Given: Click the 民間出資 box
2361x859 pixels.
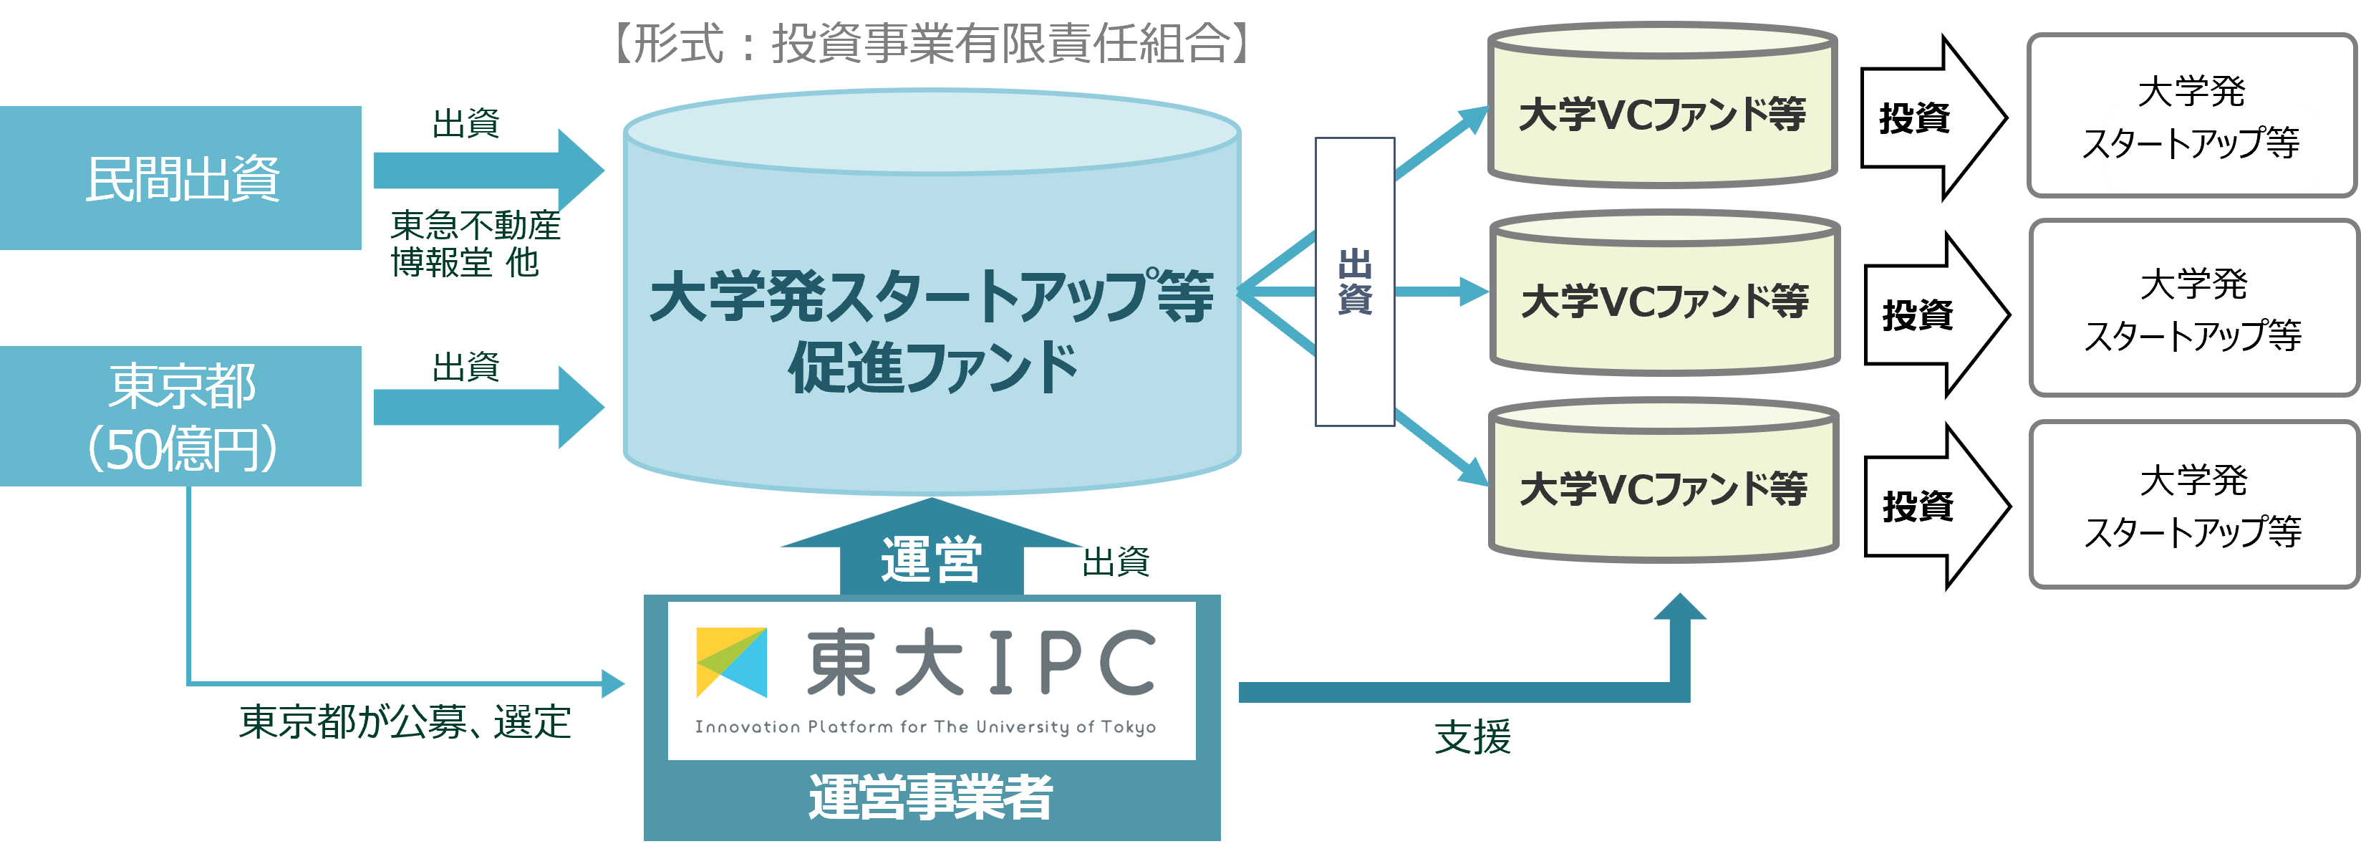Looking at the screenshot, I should coord(180,178).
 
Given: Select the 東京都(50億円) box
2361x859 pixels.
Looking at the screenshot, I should coord(180,416).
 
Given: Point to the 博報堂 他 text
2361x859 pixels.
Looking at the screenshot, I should coord(465,263).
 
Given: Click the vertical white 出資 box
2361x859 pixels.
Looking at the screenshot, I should coord(1355,282).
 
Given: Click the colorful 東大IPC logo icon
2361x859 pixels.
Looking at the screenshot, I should coord(730,662).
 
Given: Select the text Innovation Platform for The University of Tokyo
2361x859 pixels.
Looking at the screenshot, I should coord(924,727).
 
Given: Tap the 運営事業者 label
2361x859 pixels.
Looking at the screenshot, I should coord(931,797).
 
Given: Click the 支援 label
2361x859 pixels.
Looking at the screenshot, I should coord(1472,738).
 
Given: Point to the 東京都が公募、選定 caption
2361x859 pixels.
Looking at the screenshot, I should coord(405,722).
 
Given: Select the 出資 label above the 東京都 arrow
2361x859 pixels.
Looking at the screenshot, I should coord(465,367).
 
